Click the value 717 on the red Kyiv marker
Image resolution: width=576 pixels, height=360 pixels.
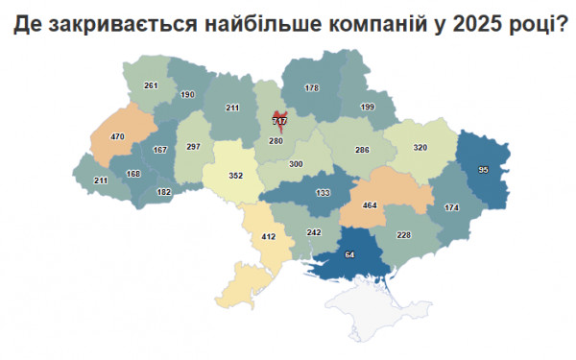point(280,121)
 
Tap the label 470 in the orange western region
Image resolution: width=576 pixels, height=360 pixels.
point(117,137)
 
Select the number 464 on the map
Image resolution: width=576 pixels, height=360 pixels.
point(369,205)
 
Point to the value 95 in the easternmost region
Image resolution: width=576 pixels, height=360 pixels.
point(484,170)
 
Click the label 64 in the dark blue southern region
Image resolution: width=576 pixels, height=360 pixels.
point(349,254)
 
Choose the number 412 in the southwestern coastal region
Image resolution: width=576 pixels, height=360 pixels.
point(269,236)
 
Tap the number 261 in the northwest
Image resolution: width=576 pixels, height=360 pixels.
point(151,85)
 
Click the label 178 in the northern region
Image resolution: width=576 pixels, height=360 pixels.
point(311,88)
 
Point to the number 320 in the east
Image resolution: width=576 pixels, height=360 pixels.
point(420,148)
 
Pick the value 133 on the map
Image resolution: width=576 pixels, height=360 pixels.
point(323,193)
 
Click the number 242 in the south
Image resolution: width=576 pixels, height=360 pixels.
point(313,232)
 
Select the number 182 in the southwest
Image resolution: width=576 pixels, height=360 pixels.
point(164,192)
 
